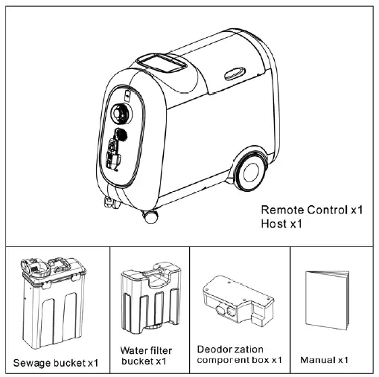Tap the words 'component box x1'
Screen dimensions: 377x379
[239, 360]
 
